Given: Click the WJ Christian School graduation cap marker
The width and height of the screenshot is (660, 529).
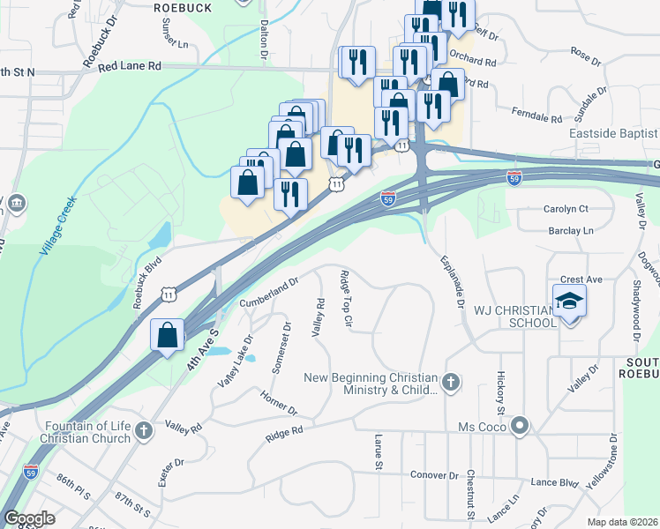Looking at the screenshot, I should point(569,301).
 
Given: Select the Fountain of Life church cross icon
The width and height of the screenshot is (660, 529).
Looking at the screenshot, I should point(145,432).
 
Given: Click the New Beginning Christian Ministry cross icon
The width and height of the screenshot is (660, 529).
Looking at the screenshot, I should point(451,383).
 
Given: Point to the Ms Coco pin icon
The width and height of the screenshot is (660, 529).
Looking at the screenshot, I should point(520,427).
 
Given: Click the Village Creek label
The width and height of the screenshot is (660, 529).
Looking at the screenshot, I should point(58,226).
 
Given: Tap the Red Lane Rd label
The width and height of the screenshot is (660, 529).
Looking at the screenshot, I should point(130,66).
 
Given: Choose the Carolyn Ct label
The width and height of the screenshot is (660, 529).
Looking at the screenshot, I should point(565,209).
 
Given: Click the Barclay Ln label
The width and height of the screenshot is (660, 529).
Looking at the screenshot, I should point(570,230).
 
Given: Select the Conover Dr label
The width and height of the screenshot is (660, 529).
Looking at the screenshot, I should point(435,474).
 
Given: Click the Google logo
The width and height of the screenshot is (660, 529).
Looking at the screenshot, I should point(29,518).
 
